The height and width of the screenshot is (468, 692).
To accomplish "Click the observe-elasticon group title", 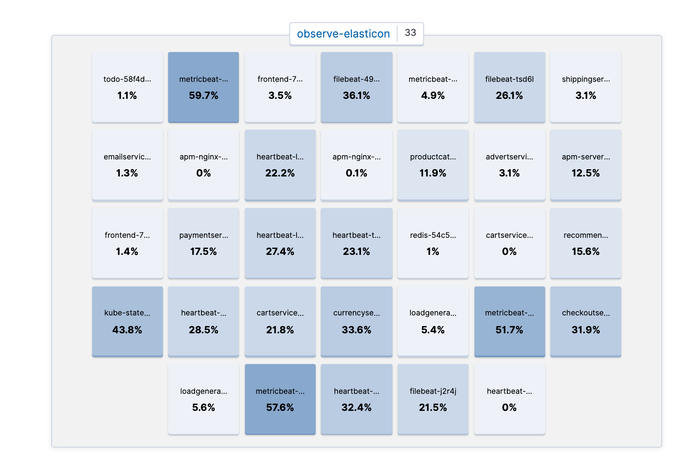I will pos(343,34).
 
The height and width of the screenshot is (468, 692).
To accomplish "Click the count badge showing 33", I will pos(410,33).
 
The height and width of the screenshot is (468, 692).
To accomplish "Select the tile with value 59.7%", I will pos(204,87).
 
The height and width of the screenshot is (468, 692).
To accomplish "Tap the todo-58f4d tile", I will pos(127,87).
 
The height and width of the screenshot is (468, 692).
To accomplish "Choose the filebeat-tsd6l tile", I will pos(509,87).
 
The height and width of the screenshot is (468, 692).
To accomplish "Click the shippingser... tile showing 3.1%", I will pos(585,87).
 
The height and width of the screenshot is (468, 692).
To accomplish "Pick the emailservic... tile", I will pos(127,165).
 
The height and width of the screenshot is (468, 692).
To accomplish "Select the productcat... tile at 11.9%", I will pos(433,165).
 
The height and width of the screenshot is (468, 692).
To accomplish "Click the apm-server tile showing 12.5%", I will pos(585,165).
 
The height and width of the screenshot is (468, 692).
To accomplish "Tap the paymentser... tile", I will pos(204,243).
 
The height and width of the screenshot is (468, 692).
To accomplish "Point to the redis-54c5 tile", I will pos(433,243).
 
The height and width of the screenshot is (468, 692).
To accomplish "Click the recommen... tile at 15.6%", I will pos(585,243).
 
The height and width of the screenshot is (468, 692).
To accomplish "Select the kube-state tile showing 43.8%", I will pos(127,321).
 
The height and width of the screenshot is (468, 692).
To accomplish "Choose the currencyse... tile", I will pos(356,321).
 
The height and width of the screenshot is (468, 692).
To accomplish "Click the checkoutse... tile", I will pos(585,321).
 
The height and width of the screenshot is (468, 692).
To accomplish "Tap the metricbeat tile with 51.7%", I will pos(509,321).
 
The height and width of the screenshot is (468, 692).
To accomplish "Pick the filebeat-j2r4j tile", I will pos(433,399).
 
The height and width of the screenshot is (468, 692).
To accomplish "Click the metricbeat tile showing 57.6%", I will pos(280,399).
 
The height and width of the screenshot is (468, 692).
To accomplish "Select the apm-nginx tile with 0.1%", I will pos(356,165).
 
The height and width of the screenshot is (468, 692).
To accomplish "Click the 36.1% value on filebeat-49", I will pos(356,95).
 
